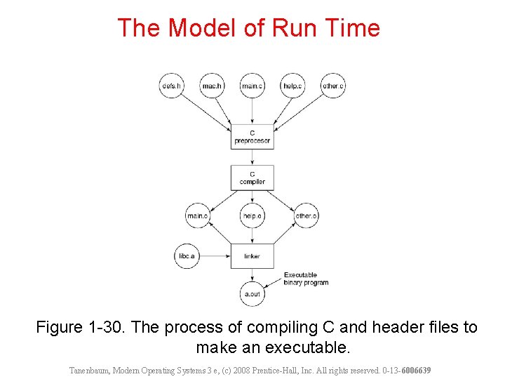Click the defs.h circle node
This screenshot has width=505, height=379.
[171, 86]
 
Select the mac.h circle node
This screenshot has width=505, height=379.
[212, 86]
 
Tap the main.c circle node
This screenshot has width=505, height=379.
[252, 86]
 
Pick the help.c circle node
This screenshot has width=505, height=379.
[292, 86]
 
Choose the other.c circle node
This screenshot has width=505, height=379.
[333, 86]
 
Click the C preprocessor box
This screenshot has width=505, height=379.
[252, 136]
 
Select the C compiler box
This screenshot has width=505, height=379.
[252, 178]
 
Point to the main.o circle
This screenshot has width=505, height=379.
[197, 216]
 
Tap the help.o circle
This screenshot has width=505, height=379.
[252, 216]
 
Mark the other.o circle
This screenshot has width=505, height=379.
[307, 216]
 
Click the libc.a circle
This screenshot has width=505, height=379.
[187, 256]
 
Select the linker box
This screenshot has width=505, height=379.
[252, 256]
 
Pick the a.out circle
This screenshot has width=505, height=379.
[252, 294]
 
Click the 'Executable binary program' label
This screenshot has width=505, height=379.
[305, 279]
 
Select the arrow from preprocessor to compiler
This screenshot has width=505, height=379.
[252, 157]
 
